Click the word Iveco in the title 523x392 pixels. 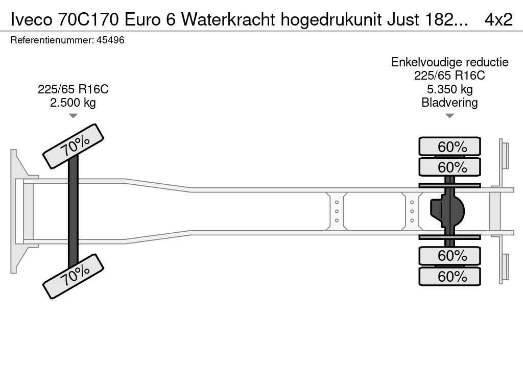31,19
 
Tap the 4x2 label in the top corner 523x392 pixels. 498,19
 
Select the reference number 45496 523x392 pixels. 110,40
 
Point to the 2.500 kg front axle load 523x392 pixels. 73,102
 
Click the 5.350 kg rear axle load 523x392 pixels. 449,89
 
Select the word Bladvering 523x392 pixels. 449,102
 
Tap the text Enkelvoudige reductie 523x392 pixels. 449,62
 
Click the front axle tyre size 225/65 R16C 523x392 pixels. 73,89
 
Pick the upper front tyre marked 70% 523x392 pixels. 74,146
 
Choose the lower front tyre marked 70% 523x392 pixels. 74,276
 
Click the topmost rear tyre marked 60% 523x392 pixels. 449,146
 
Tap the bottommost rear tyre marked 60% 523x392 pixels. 449,276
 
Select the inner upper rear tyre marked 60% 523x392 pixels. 449,167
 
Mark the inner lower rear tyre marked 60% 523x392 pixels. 449,256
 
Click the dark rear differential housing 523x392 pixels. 447,211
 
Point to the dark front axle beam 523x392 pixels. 73,211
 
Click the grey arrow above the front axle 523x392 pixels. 73,116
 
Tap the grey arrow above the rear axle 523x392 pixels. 449,116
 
